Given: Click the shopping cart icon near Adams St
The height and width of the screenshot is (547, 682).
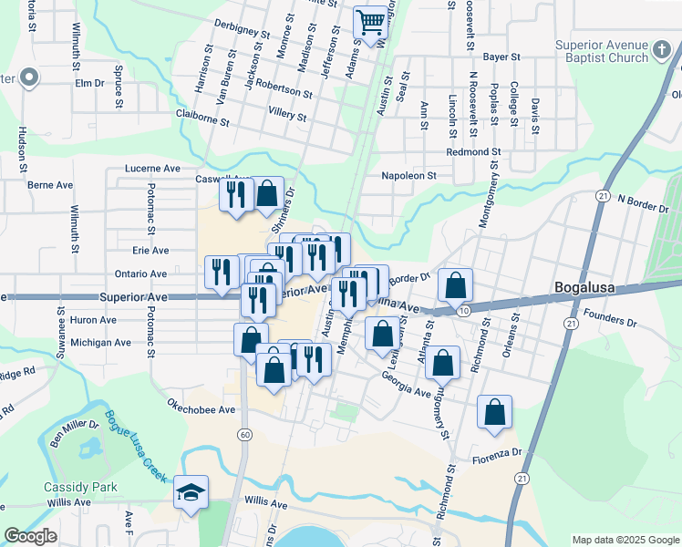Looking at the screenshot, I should pos(370,22).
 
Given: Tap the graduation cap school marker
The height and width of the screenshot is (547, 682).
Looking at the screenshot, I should pos(191,493).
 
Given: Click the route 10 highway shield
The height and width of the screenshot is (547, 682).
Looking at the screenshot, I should pos(464,312).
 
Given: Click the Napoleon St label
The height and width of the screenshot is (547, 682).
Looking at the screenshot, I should pos(408,175).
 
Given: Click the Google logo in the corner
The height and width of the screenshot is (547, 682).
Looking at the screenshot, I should pos(31,536).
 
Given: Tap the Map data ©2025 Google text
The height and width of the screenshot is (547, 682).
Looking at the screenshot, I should pos(625,540).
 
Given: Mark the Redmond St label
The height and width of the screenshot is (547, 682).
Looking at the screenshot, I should pos(473,151).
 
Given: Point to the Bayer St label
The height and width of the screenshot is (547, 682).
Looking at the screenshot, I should pos(501,57).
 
